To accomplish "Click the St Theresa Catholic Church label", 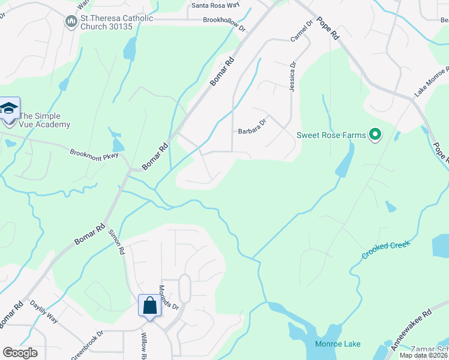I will pyautogui.click(x=116, y=22).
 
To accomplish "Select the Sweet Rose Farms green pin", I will pyautogui.click(x=375, y=134).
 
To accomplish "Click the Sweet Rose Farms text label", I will pyautogui.click(x=331, y=135).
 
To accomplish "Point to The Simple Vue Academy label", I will pyautogui.click(x=44, y=120).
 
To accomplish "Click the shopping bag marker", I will pyautogui.click(x=149, y=306).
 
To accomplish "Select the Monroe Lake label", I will pyautogui.click(x=338, y=344).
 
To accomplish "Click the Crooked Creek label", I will pyautogui.click(x=385, y=250).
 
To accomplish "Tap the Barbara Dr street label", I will pyautogui.click(x=252, y=130).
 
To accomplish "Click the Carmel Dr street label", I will pyautogui.click(x=301, y=32).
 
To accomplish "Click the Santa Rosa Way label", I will pyautogui.click(x=215, y=6).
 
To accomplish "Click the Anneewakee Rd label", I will pyautogui.click(x=411, y=330).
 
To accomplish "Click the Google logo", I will pyautogui.click(x=20, y=352).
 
